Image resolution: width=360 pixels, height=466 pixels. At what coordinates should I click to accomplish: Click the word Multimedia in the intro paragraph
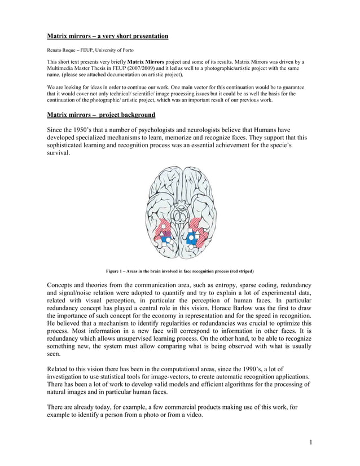tap(63, 68)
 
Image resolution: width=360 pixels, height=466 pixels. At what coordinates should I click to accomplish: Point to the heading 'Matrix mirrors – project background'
tap(101, 115)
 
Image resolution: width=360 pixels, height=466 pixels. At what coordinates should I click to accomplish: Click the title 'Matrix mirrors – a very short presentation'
tap(107, 36)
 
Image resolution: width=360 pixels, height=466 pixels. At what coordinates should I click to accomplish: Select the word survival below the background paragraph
tap(58, 153)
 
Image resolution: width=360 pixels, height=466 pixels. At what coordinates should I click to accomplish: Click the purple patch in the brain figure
tap(166, 232)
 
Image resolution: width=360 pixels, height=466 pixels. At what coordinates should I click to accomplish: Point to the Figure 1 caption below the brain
tap(179, 271)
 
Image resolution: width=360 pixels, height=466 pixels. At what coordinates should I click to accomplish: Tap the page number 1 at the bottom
tap(310, 442)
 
